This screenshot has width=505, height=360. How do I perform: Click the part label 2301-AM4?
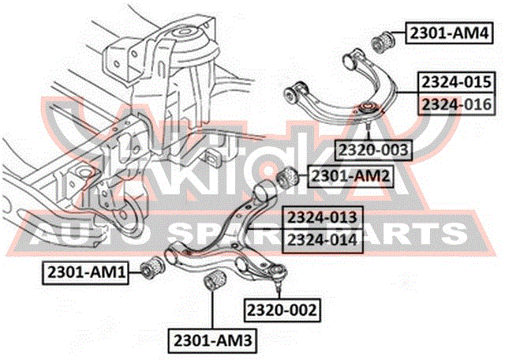coord(449,33)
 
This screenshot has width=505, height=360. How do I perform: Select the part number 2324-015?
coord(457,82)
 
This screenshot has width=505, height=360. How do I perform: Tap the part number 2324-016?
coord(457,104)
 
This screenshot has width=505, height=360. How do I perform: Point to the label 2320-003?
coord(373,150)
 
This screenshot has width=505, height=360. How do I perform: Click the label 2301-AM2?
coord(350,176)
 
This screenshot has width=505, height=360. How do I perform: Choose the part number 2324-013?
coord(323,218)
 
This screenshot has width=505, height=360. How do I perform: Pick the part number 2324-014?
coord(323,240)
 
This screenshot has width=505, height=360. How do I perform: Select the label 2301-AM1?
coord(86,273)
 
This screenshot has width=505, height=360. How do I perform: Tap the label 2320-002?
coord(282,310)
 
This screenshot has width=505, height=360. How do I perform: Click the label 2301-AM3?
coord(212,340)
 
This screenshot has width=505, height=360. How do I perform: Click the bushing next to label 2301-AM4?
coord(383,40)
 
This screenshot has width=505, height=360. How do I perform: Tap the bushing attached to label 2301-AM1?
coord(153,267)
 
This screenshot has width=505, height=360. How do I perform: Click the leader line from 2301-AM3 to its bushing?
coord(212,309)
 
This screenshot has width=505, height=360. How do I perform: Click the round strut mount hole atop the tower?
coord(185,32)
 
